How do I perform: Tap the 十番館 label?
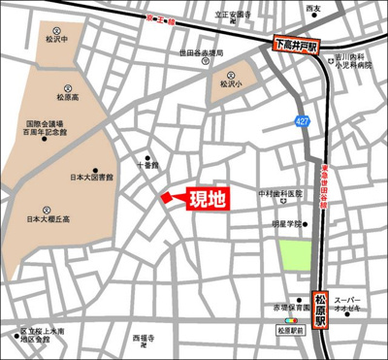(x=147, y=166)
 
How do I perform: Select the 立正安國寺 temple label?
(x=234, y=15)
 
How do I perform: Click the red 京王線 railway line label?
(x=159, y=18)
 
